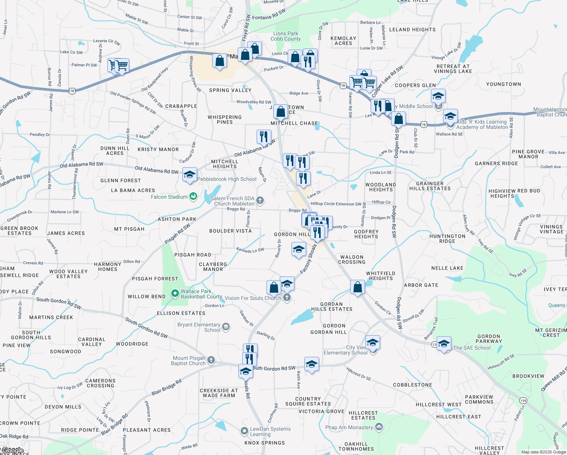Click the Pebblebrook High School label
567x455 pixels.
point(227,179)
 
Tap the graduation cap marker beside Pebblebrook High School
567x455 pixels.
point(190,175)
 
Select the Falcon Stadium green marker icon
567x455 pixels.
point(193,196)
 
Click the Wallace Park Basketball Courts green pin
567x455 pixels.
point(175,293)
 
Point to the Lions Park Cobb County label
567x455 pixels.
point(285,36)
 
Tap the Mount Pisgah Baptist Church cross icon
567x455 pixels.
point(211,360)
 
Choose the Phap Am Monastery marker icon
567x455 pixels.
point(379,427)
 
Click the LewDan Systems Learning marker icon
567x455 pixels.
point(244,431)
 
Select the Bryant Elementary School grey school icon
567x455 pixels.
point(226,327)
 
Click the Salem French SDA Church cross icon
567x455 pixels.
point(260,200)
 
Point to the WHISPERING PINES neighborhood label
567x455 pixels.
point(225,119)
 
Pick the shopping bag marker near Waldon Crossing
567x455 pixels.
point(357,287)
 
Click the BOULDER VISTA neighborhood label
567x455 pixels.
point(230,231)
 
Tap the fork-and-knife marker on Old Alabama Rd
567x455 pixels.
point(264,136)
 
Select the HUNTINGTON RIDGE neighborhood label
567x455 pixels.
point(447,238)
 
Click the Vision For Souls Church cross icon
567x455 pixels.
point(287,298)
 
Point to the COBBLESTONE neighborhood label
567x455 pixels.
point(412,385)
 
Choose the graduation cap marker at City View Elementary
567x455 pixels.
point(373,343)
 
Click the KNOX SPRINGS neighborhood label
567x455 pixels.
point(265,443)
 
